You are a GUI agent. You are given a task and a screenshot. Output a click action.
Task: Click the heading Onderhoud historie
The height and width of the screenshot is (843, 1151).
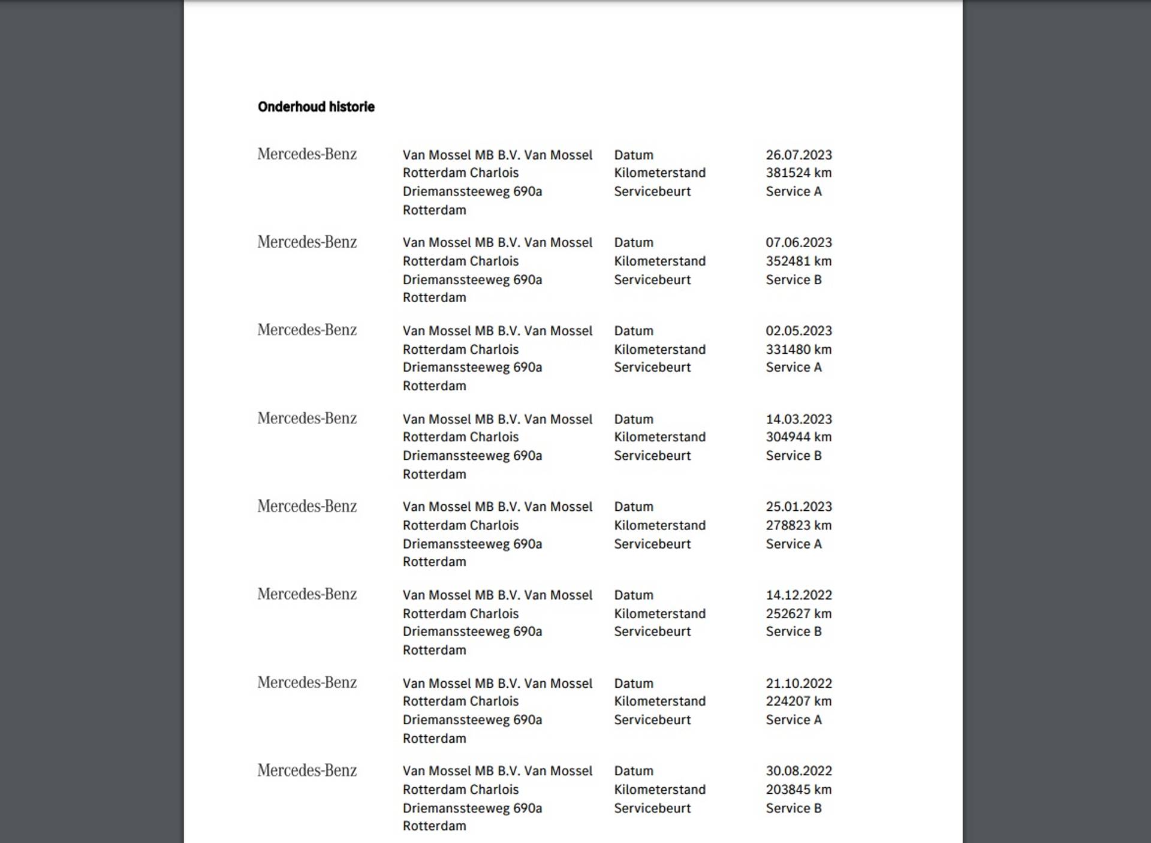[x=316, y=107]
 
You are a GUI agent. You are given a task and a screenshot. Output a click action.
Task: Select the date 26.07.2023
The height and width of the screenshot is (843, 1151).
[x=799, y=155]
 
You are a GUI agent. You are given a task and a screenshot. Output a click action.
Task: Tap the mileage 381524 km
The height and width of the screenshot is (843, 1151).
[x=799, y=173]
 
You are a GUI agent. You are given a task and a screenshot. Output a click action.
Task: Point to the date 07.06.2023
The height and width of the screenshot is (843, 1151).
[x=799, y=242]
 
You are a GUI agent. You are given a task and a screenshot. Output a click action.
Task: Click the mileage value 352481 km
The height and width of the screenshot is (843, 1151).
[x=799, y=261]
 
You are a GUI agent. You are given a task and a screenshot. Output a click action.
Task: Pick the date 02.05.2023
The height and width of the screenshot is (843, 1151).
[x=799, y=330]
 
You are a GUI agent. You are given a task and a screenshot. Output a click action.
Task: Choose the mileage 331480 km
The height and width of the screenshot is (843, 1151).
[x=799, y=349]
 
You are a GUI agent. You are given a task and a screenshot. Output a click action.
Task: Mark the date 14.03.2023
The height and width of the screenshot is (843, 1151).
[x=799, y=419]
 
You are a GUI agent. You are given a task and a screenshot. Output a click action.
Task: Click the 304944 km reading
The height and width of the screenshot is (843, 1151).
[x=799, y=436]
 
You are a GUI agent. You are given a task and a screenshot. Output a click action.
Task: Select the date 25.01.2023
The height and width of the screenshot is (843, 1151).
[x=799, y=507]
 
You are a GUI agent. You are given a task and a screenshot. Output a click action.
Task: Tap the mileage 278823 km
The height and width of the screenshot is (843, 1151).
[x=799, y=525]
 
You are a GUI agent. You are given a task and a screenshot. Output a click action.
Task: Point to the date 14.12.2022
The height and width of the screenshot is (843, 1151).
[x=799, y=595]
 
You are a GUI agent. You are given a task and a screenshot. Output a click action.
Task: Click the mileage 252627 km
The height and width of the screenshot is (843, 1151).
[x=799, y=613]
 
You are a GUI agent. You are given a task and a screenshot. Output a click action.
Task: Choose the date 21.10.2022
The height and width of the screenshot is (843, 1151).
[x=799, y=683]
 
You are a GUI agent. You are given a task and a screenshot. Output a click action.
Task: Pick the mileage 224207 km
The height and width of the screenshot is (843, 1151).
[x=799, y=701]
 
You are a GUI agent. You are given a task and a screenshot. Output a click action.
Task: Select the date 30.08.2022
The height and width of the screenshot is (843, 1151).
[x=799, y=770]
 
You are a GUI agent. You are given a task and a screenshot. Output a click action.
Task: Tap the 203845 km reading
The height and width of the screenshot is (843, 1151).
[x=799, y=789]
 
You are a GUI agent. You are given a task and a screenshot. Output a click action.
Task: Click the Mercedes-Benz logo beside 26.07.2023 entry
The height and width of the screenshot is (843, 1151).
[x=307, y=154]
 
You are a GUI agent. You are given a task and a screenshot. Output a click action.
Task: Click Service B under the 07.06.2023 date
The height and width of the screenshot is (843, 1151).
[x=793, y=279]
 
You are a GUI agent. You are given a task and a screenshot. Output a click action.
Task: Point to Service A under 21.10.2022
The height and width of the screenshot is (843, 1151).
[x=793, y=719]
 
